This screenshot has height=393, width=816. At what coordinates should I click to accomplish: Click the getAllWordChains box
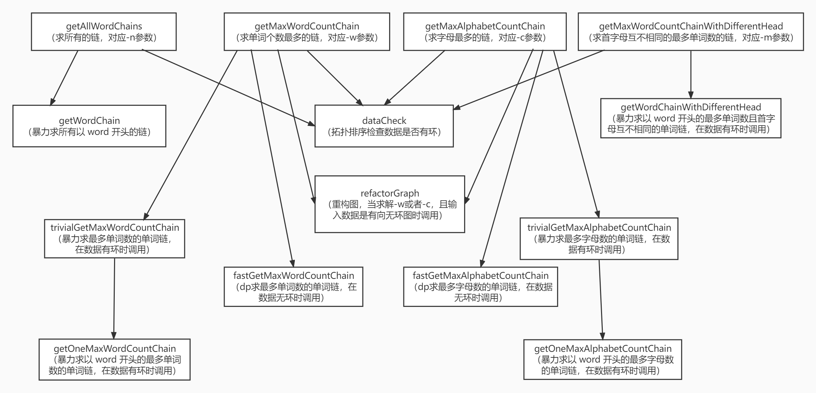(x=104, y=32)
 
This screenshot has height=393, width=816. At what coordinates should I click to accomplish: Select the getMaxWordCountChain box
(x=307, y=32)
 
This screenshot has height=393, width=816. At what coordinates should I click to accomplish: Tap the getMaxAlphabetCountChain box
(x=485, y=32)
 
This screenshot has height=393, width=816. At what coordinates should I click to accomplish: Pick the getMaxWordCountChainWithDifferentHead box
(x=691, y=32)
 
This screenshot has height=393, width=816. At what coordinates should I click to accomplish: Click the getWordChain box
(x=89, y=126)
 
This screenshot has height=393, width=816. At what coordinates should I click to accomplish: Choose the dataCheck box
(x=384, y=126)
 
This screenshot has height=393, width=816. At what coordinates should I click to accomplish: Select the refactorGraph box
(x=390, y=204)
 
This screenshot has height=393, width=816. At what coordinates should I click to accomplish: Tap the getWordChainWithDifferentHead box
(x=691, y=118)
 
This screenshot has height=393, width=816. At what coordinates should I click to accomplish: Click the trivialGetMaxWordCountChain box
(x=114, y=239)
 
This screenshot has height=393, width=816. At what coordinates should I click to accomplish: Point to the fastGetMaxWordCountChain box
(x=293, y=287)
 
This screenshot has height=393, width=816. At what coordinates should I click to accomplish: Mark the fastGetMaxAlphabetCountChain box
(x=480, y=287)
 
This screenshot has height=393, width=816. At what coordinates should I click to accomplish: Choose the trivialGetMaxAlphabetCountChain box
(x=599, y=239)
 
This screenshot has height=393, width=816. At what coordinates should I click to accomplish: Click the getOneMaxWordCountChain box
(x=114, y=359)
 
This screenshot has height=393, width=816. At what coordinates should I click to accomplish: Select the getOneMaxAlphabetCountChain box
(x=602, y=359)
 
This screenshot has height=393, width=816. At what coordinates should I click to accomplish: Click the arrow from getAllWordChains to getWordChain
(x=64, y=78)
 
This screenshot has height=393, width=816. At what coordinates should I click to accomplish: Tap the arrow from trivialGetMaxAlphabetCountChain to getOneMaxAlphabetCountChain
(x=601, y=299)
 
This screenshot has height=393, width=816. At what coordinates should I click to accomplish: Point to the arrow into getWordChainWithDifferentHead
(x=691, y=74)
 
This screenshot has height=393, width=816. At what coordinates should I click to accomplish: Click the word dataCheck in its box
(x=384, y=121)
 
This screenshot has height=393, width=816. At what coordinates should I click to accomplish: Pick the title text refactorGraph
(x=390, y=193)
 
